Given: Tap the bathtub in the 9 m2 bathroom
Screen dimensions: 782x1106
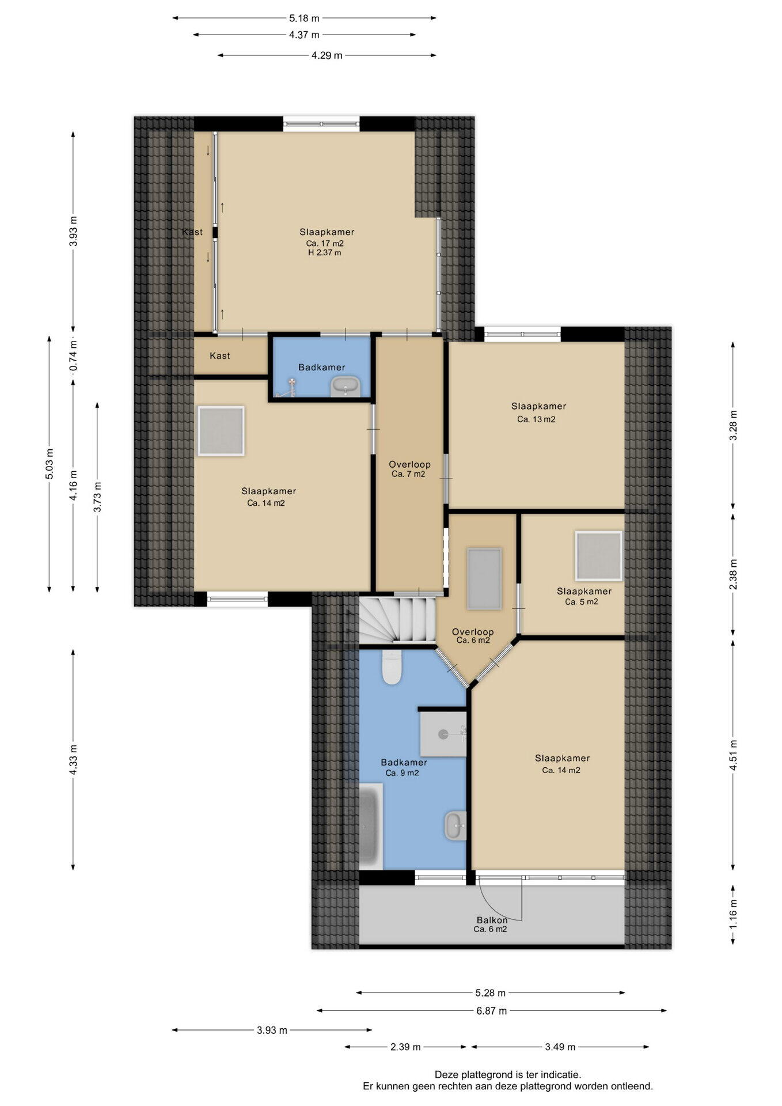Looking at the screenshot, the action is (x=371, y=826).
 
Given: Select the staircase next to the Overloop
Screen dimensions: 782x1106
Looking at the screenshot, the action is (x=397, y=621).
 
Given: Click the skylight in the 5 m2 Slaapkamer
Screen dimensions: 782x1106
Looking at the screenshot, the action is (x=599, y=556).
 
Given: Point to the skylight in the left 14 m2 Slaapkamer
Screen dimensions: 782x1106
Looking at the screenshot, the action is (x=221, y=431).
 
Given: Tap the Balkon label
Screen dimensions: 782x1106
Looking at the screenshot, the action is (x=492, y=920).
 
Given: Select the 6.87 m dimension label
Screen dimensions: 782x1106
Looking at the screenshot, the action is (x=491, y=1010).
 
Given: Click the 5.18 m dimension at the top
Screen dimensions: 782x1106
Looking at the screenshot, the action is (x=304, y=18).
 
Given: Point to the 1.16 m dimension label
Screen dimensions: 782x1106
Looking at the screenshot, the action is (x=734, y=915).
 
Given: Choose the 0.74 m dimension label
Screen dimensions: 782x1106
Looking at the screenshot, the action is (x=73, y=358).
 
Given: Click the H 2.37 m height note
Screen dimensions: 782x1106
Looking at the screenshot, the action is (x=324, y=252).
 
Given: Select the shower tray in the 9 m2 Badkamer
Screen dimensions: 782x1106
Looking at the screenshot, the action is (x=443, y=734).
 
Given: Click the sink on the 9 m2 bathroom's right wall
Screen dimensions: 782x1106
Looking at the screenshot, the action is (x=455, y=825).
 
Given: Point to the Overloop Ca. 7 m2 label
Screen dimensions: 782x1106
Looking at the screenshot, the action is (x=409, y=469).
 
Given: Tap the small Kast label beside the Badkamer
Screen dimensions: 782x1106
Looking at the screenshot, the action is (x=220, y=356).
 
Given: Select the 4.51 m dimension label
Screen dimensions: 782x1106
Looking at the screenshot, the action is (x=734, y=755).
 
